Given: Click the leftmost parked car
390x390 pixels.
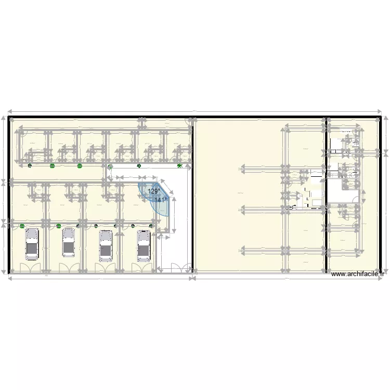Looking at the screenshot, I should coord(32,243).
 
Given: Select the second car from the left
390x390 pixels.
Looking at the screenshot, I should coord(69,242).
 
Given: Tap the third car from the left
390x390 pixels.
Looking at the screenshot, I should coord(106,245).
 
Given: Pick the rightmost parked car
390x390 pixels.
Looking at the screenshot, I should coord(144,245).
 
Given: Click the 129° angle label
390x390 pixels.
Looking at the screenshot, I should coord(154,191).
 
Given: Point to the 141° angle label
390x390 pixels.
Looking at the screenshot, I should coord(161,199).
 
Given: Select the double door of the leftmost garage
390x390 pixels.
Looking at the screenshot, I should coord(29,267).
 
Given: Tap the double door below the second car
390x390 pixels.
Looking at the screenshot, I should coord(67,267).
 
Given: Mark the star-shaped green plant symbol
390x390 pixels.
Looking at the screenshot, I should coord(179,166).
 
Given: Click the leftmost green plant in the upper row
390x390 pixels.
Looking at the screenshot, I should coord(30,166).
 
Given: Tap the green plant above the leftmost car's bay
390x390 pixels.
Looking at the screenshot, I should coord(22,226).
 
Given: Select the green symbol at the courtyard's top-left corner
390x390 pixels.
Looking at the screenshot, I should coord(110,167).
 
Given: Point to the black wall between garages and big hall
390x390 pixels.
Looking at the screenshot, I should coord(193,195).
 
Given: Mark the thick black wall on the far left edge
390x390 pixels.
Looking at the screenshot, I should coord(8,195).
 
